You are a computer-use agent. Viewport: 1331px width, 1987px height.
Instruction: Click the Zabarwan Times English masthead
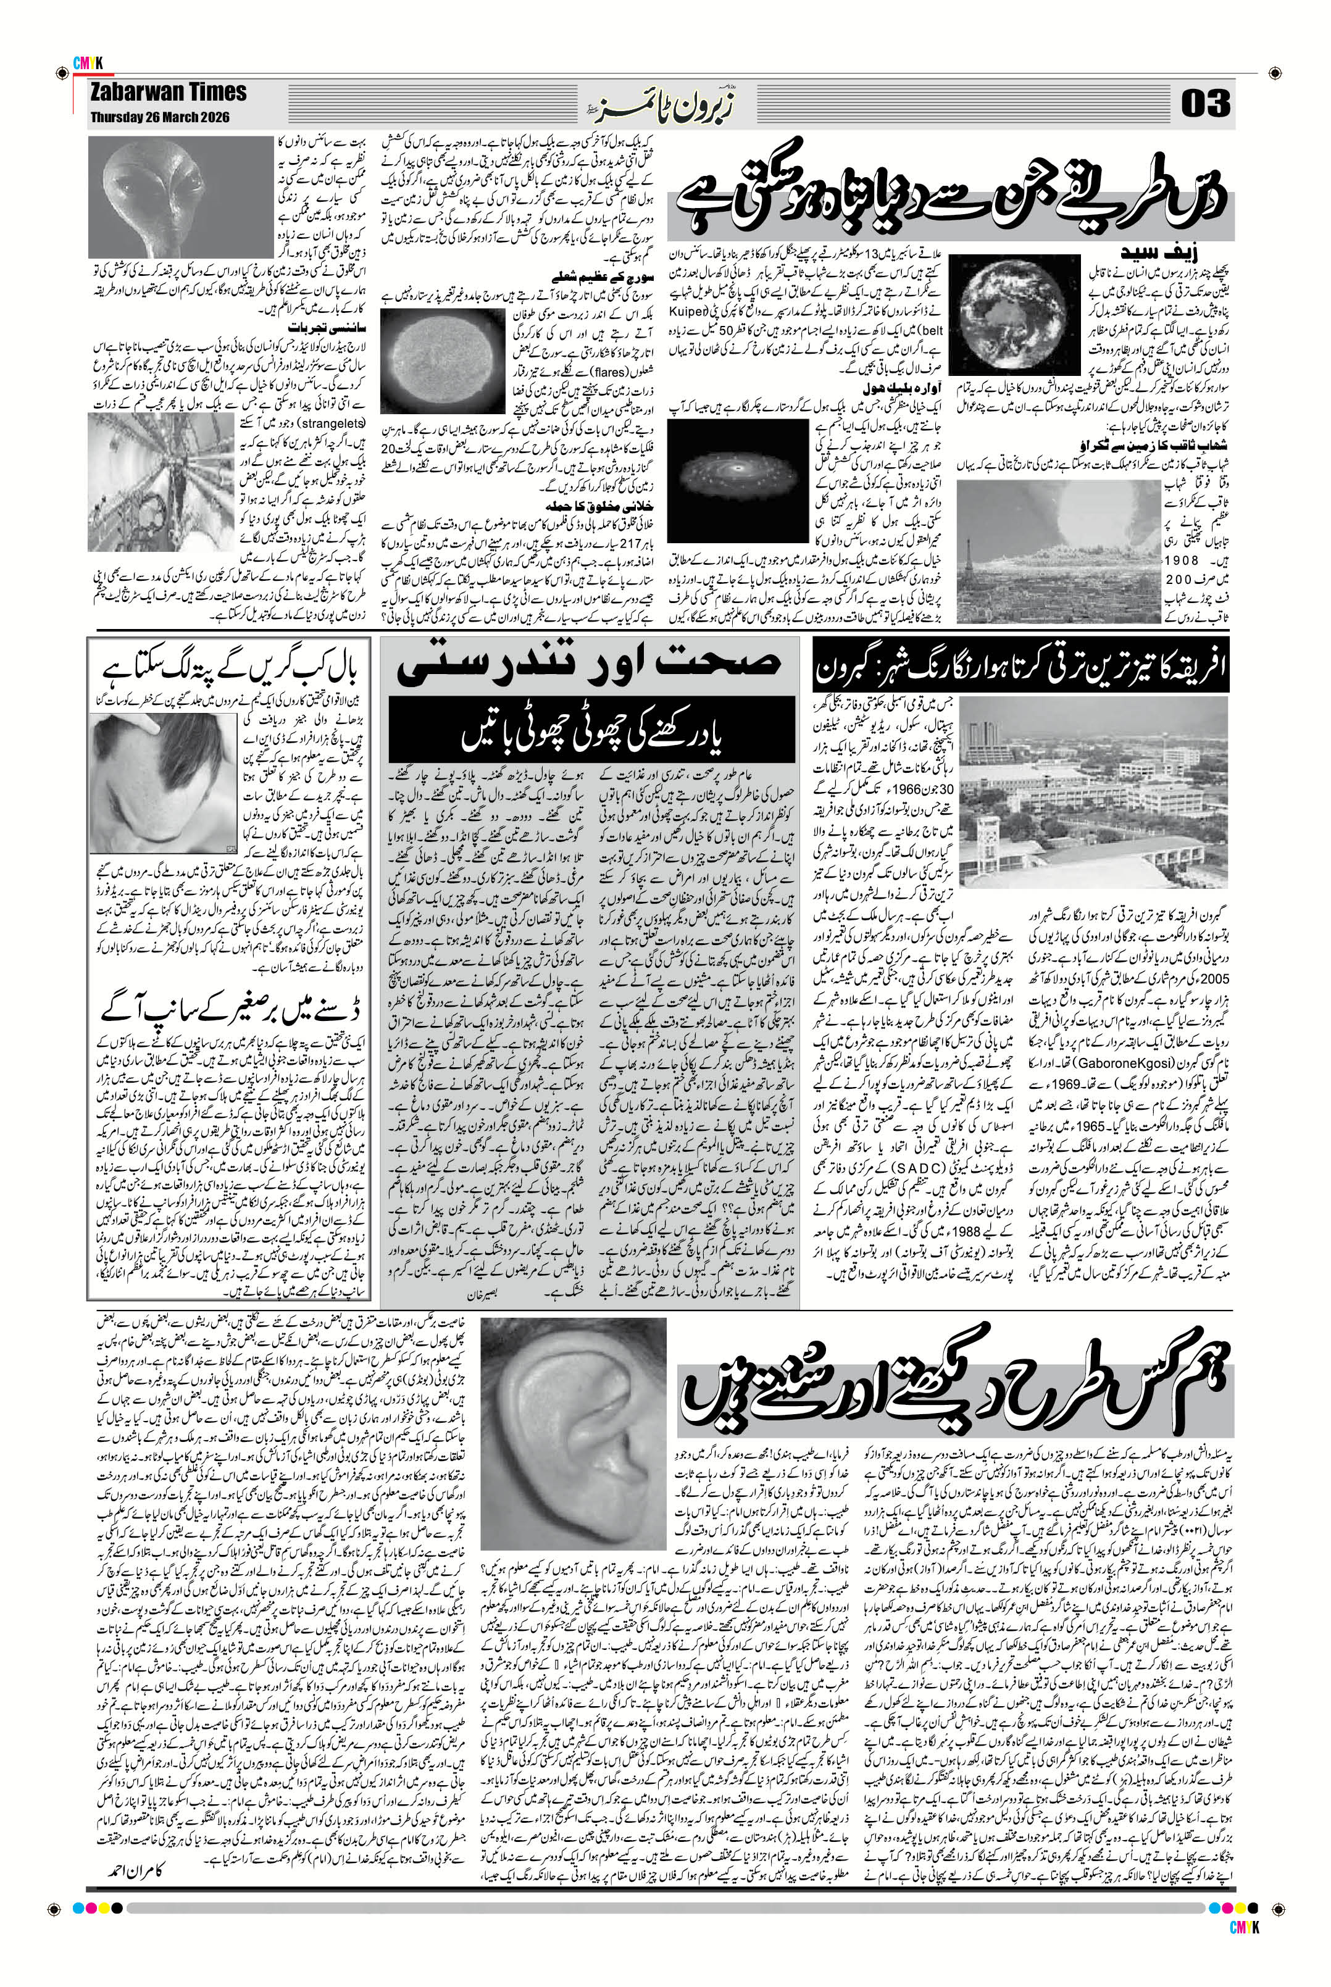tap(169, 92)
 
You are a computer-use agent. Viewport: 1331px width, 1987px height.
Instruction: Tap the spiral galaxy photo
tap(737, 465)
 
